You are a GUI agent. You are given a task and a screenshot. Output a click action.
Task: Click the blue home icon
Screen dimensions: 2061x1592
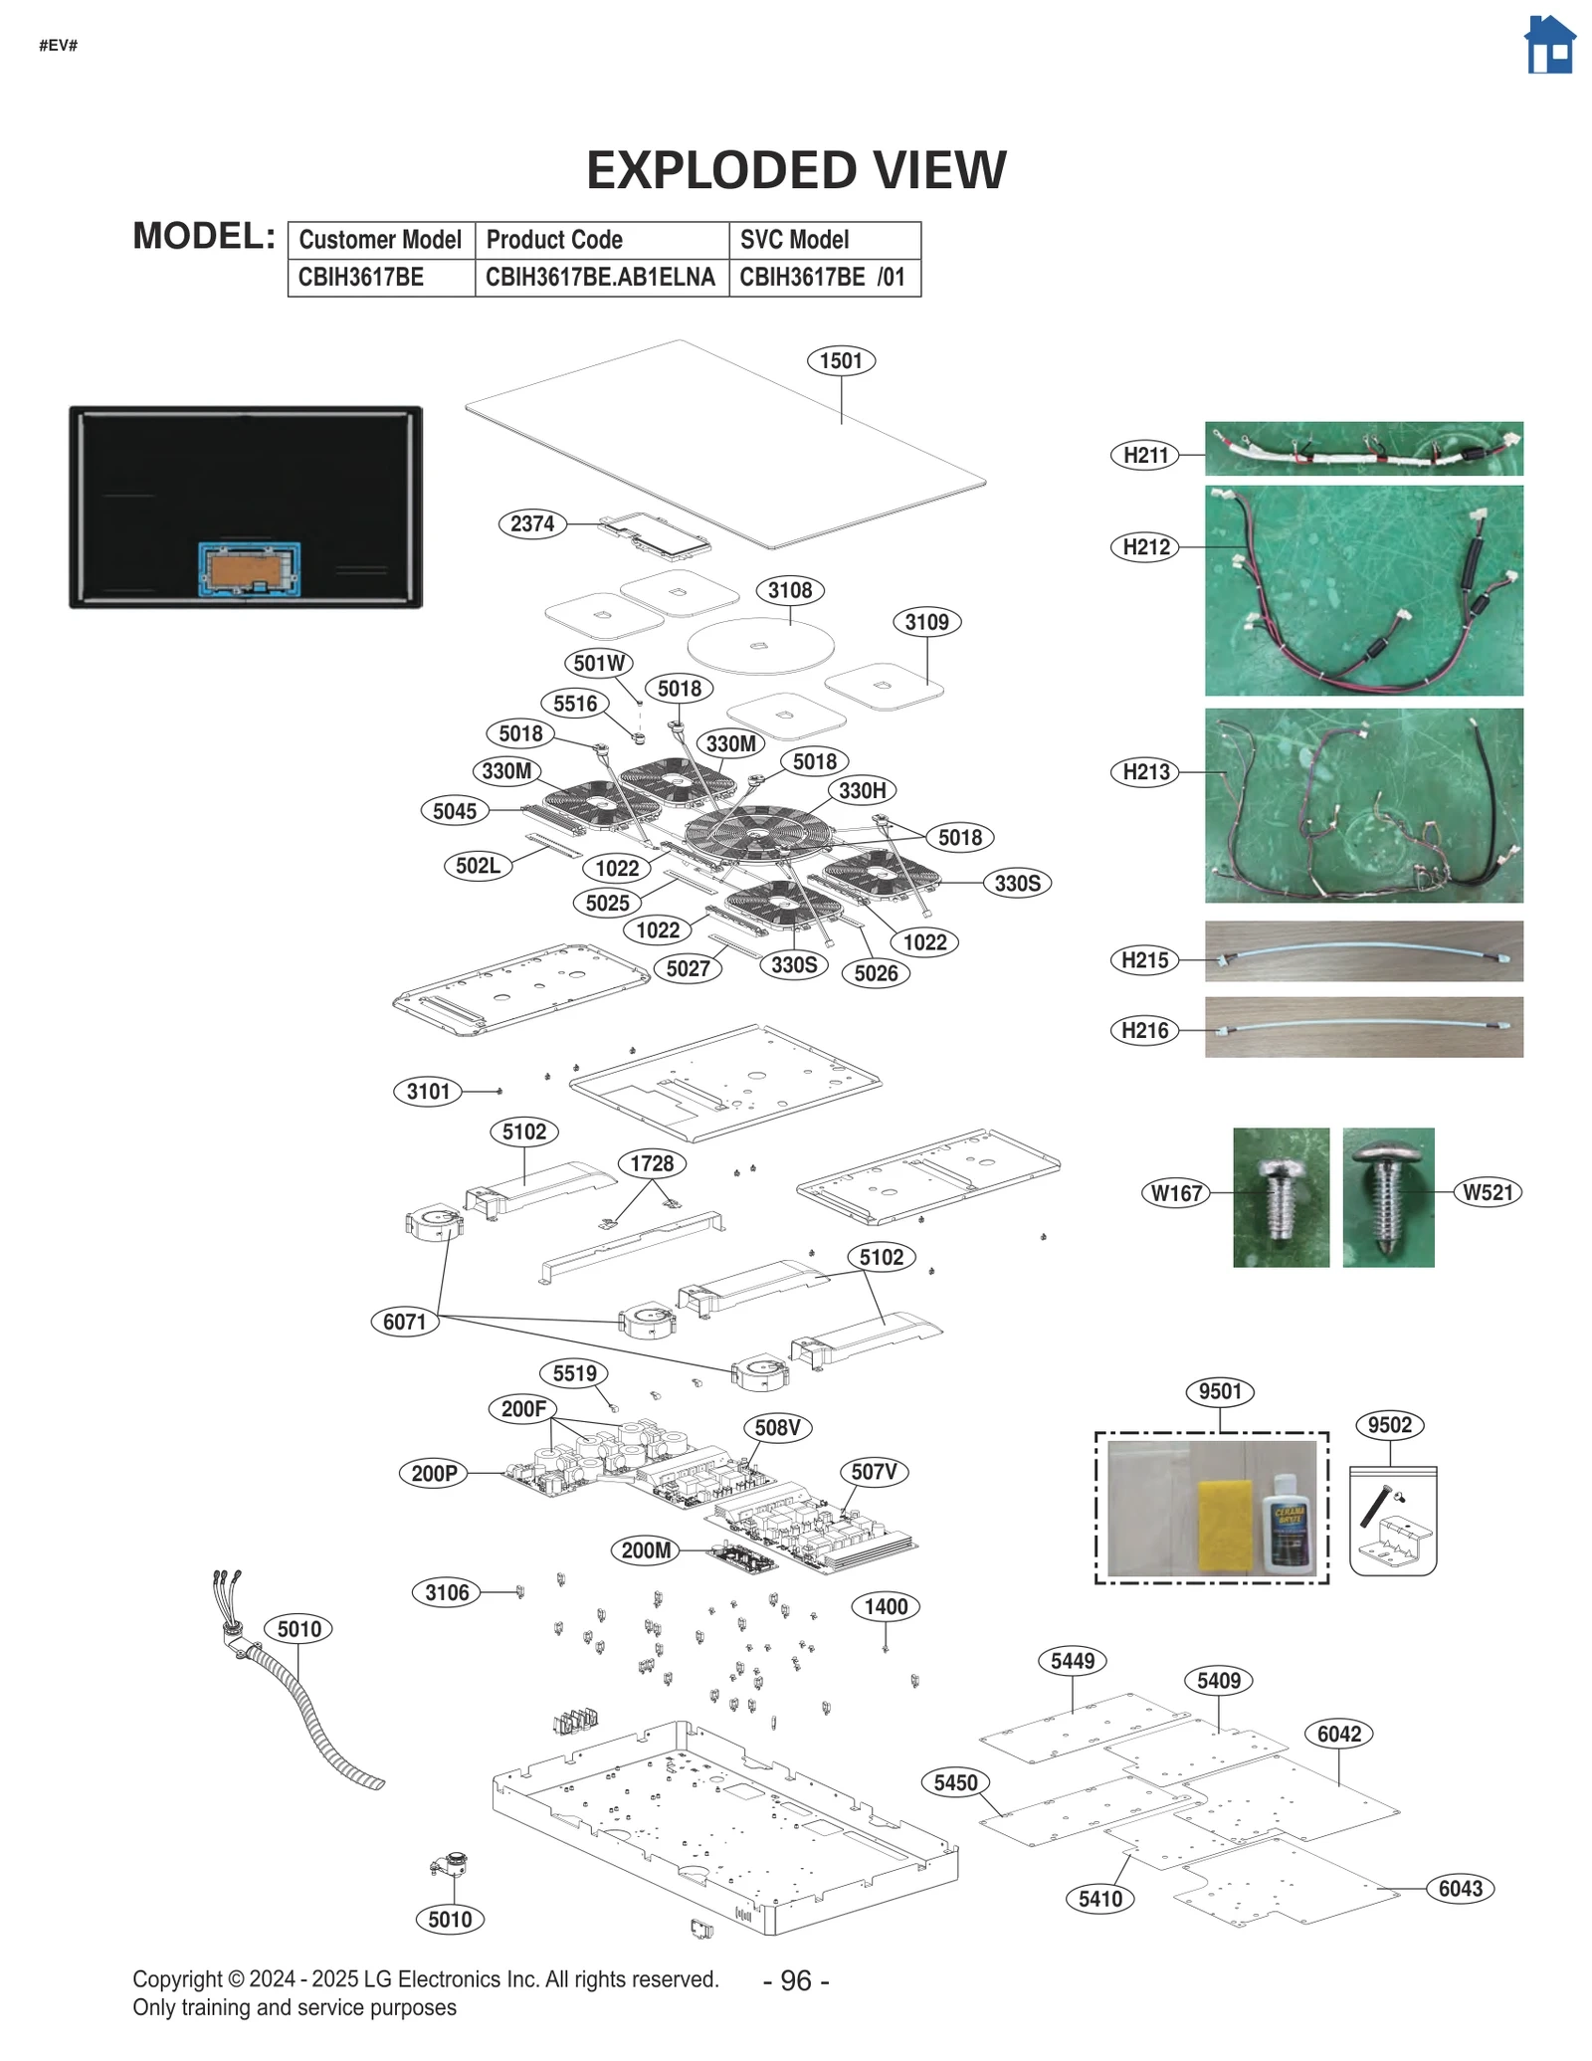coord(1549,46)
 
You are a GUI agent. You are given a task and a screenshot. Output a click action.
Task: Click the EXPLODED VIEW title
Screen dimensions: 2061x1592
coord(795,170)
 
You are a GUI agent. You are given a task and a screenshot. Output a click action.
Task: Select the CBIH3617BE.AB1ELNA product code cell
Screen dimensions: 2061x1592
coord(600,278)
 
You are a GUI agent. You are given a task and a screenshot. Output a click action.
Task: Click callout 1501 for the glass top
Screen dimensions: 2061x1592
coord(841,361)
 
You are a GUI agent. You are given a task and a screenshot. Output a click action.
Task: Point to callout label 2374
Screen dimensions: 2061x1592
coord(532,524)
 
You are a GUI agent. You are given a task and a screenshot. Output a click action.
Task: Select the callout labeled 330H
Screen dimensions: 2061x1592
coord(862,791)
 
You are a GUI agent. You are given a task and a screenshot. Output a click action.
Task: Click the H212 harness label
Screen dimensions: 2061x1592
coord(1145,547)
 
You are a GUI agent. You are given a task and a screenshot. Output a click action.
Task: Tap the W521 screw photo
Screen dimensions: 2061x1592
coord(1387,1196)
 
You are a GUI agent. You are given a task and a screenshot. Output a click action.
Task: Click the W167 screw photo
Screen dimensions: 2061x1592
coord(1281,1196)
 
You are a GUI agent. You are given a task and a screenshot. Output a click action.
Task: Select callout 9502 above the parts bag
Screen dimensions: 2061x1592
coord(1389,1425)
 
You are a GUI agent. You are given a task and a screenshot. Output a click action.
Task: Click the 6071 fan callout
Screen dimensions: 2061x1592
coord(404,1323)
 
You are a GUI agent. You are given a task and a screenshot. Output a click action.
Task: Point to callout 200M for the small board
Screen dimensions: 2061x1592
coord(646,1550)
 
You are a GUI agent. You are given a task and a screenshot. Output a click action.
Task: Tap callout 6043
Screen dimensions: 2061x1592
coord(1460,1889)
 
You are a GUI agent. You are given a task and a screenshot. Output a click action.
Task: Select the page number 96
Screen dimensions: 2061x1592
coord(795,1980)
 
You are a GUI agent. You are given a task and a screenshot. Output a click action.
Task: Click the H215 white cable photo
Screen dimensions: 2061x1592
coord(1363,952)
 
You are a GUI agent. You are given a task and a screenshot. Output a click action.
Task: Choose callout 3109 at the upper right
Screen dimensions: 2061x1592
coord(926,623)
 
